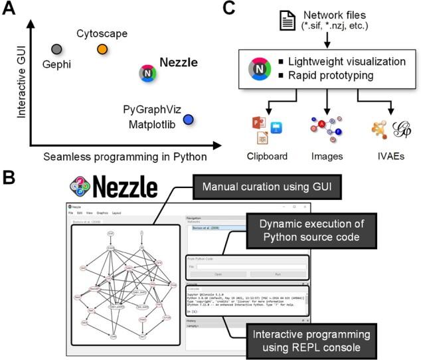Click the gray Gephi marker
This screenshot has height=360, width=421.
57,49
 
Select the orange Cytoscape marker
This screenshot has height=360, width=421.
102,49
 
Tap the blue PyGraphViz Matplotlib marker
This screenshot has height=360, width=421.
188,120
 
